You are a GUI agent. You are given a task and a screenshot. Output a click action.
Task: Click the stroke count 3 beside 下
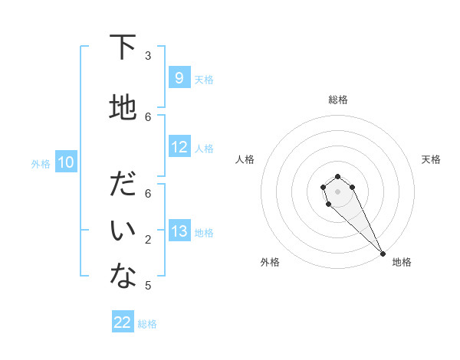point(148,56)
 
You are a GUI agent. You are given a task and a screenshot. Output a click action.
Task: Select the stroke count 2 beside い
point(148,240)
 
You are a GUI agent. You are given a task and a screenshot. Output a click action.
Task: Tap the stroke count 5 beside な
point(148,286)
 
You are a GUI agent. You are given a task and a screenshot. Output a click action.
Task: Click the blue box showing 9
point(179,78)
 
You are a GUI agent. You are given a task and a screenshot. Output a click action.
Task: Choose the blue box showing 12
point(179,148)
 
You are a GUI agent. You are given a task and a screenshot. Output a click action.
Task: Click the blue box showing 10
point(65,162)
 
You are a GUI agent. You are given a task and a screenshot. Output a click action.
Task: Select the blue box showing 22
point(123,322)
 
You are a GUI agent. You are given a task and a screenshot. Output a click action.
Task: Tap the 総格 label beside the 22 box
point(147,324)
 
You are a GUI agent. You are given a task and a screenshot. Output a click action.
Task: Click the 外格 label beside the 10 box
point(40,163)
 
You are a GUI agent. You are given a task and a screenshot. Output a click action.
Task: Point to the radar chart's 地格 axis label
point(402,262)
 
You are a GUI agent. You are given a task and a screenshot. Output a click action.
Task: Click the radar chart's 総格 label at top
point(337,100)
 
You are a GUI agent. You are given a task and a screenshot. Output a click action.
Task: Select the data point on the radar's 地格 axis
point(383,253)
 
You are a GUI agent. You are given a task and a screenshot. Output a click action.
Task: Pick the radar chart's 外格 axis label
point(270,262)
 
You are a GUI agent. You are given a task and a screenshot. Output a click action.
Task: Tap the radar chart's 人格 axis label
point(245,159)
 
